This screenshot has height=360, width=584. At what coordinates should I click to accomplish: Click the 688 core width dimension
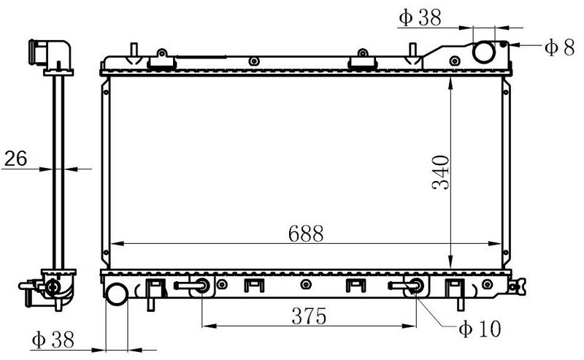(306, 234)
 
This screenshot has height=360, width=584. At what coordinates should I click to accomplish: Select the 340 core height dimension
(441, 172)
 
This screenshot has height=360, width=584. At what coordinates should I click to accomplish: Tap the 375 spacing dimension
(309, 316)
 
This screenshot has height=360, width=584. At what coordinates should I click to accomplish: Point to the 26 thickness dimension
(15, 158)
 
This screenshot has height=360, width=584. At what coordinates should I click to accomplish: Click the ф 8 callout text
(559, 47)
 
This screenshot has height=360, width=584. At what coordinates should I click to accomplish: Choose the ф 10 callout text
(480, 329)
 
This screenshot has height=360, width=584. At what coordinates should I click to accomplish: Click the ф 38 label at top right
(420, 17)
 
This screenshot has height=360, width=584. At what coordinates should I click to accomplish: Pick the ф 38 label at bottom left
(53, 340)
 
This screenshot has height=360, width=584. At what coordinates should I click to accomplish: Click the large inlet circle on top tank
(484, 52)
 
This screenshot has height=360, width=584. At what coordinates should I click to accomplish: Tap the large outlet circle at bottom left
(117, 294)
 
